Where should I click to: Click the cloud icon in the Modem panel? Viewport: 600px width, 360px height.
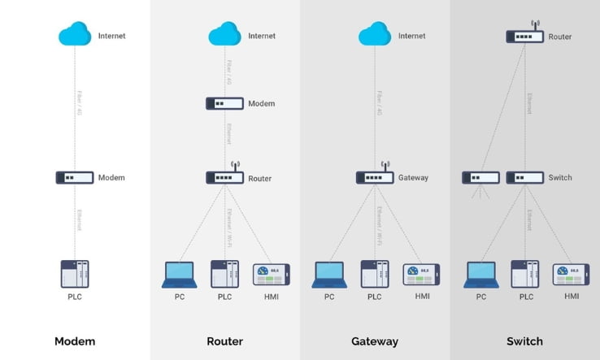coord(75,34)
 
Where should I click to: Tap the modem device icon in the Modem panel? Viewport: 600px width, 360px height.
coord(75,177)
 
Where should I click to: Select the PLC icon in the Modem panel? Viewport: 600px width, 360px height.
coord(75,274)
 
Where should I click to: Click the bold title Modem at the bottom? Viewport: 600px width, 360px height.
coord(75,341)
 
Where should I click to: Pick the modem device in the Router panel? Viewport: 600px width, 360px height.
coord(224,104)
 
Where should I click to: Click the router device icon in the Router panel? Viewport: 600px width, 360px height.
coord(224,177)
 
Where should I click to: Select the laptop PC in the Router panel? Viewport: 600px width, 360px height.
coord(179,275)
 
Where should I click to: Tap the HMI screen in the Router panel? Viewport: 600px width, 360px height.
coord(271,275)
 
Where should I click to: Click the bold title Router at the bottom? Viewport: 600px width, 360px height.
coord(225,341)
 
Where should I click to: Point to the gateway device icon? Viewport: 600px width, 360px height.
coord(375,177)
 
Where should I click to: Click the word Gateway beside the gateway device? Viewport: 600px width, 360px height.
coord(413,178)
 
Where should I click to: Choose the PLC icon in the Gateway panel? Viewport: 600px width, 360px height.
coord(375,274)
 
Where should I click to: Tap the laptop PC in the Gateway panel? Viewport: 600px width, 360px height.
coord(330,275)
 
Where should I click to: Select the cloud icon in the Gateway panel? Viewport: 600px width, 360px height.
coord(375,34)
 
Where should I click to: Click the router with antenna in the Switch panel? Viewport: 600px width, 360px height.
coord(524,36)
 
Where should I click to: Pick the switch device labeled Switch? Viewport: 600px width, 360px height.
coord(524,177)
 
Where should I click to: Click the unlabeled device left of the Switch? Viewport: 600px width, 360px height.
coord(480,177)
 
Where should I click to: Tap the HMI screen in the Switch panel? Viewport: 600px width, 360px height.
coord(572,275)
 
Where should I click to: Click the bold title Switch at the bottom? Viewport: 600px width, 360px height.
coord(524,341)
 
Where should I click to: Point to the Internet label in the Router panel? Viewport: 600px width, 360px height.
coord(262,36)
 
